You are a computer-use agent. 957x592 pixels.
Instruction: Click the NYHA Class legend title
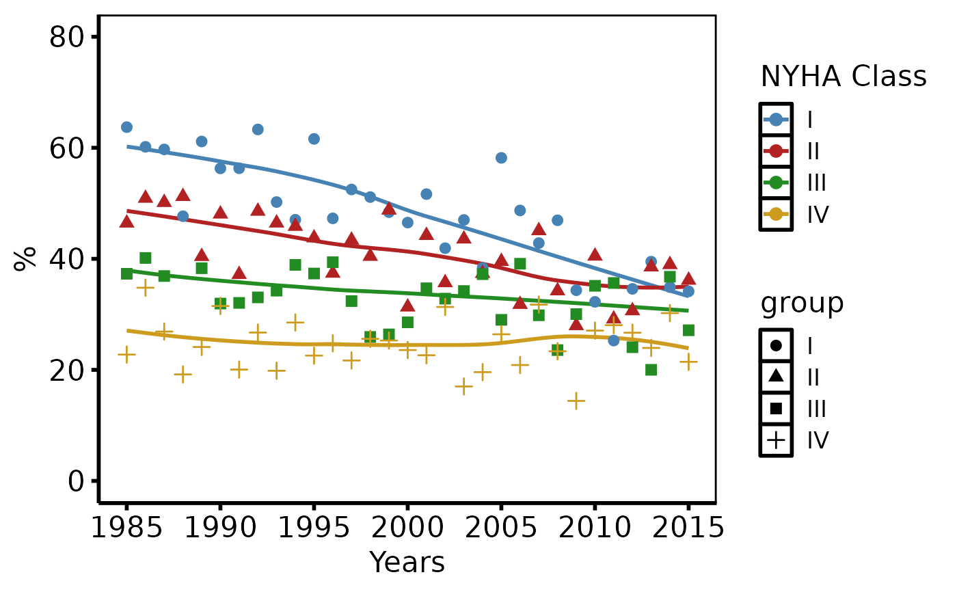click(844, 77)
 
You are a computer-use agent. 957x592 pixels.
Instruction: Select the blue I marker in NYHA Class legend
click(776, 120)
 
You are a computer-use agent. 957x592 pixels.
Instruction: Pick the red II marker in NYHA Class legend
click(776, 151)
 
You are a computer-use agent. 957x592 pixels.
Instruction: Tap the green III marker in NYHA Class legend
click(776, 183)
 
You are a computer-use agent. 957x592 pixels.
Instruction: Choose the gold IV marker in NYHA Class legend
click(776, 214)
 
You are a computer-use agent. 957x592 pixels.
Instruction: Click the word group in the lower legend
click(802, 304)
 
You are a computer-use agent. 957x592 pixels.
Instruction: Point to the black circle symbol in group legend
click(776, 346)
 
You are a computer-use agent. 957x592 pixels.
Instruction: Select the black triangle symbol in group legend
click(776, 375)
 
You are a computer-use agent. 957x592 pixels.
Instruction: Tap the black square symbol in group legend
click(776, 409)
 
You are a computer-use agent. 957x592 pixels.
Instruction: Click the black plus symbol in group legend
click(776, 440)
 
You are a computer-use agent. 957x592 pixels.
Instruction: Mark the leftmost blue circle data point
click(126, 127)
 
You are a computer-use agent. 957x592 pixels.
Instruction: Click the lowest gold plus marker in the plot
click(576, 401)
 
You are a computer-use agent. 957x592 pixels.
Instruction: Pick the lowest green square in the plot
click(651, 370)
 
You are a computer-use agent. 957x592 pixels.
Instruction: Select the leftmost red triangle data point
click(126, 221)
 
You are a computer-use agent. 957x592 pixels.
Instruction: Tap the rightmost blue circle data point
click(688, 291)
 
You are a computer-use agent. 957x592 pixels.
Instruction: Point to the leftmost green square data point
click(126, 273)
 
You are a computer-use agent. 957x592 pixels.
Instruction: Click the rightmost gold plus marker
click(688, 362)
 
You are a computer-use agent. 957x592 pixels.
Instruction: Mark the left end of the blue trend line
click(128, 146)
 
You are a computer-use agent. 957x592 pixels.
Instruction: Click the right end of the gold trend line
click(688, 348)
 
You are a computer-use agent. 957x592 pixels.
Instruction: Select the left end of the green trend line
click(128, 270)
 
